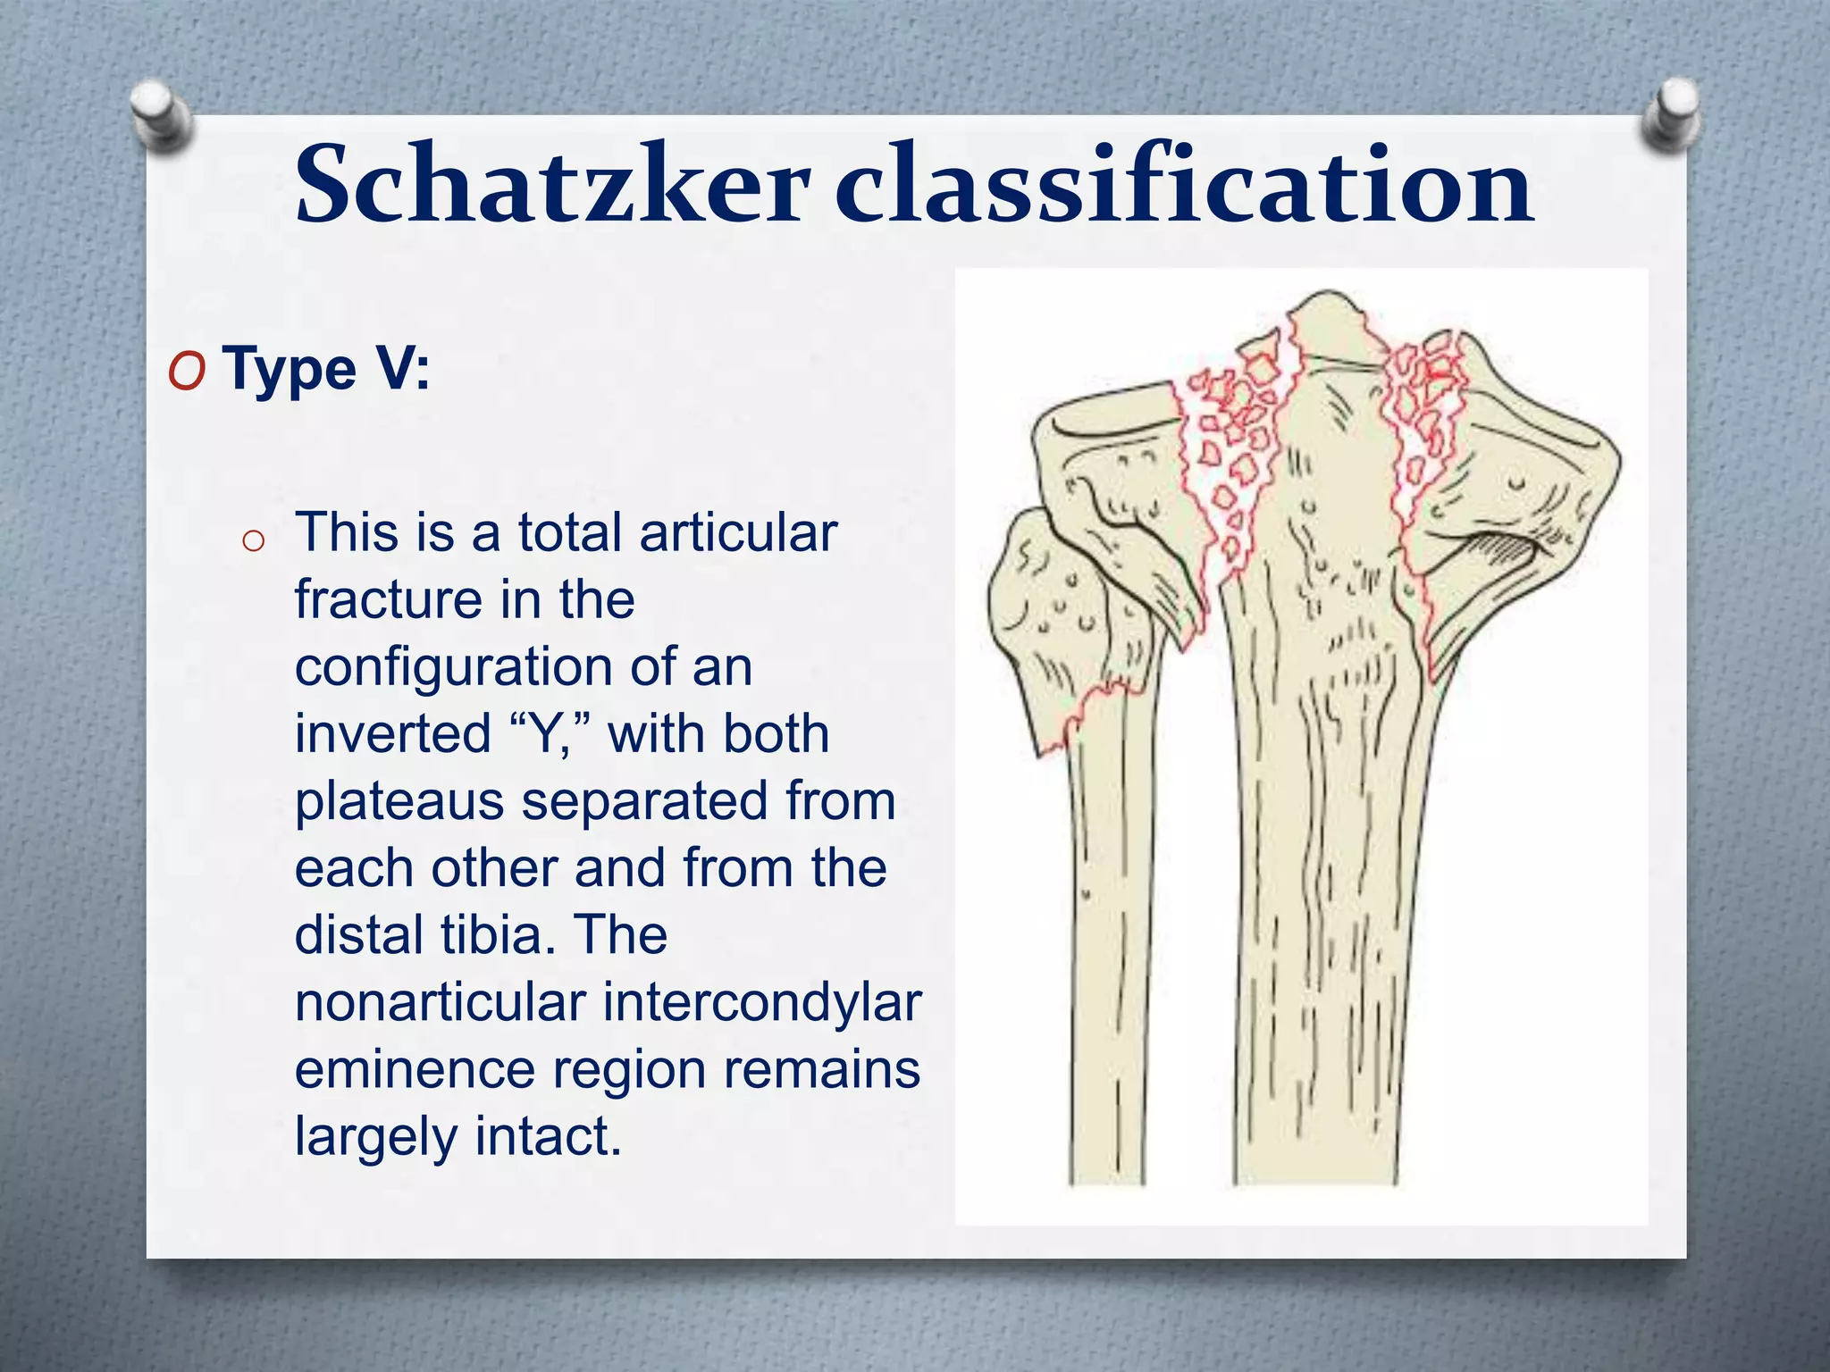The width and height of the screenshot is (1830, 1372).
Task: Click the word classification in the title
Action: click(1183, 185)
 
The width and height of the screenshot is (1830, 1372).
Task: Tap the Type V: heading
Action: click(326, 369)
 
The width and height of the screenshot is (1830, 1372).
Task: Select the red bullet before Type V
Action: click(187, 372)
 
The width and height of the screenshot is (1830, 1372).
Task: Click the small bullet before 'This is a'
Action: click(253, 540)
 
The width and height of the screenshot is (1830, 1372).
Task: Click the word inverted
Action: click(393, 734)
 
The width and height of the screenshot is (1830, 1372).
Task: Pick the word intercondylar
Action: click(762, 1002)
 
